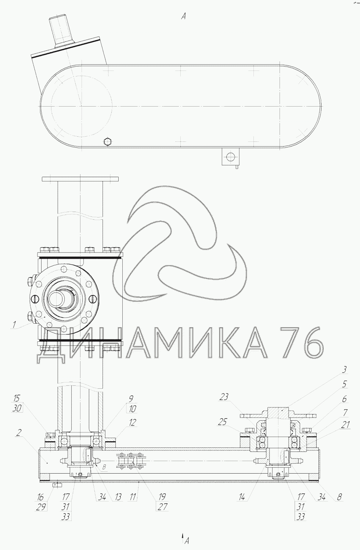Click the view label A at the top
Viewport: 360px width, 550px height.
[x=183, y=17]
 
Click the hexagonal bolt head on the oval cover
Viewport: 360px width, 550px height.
[x=108, y=142]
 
